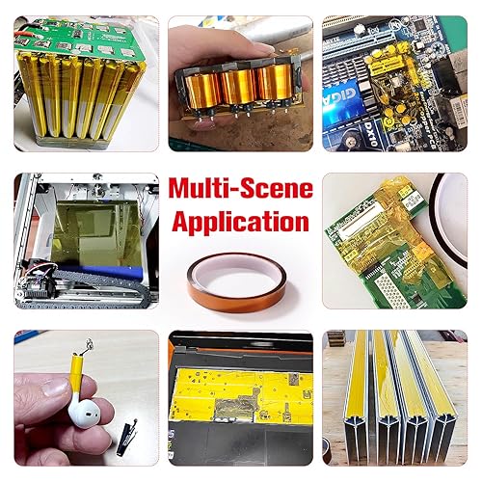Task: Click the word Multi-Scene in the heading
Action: click(x=241, y=188)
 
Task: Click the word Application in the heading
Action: click(x=241, y=222)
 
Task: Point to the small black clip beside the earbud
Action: click(x=127, y=437)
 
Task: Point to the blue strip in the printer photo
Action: click(x=102, y=272)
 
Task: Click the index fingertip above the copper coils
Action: click(x=260, y=48)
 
